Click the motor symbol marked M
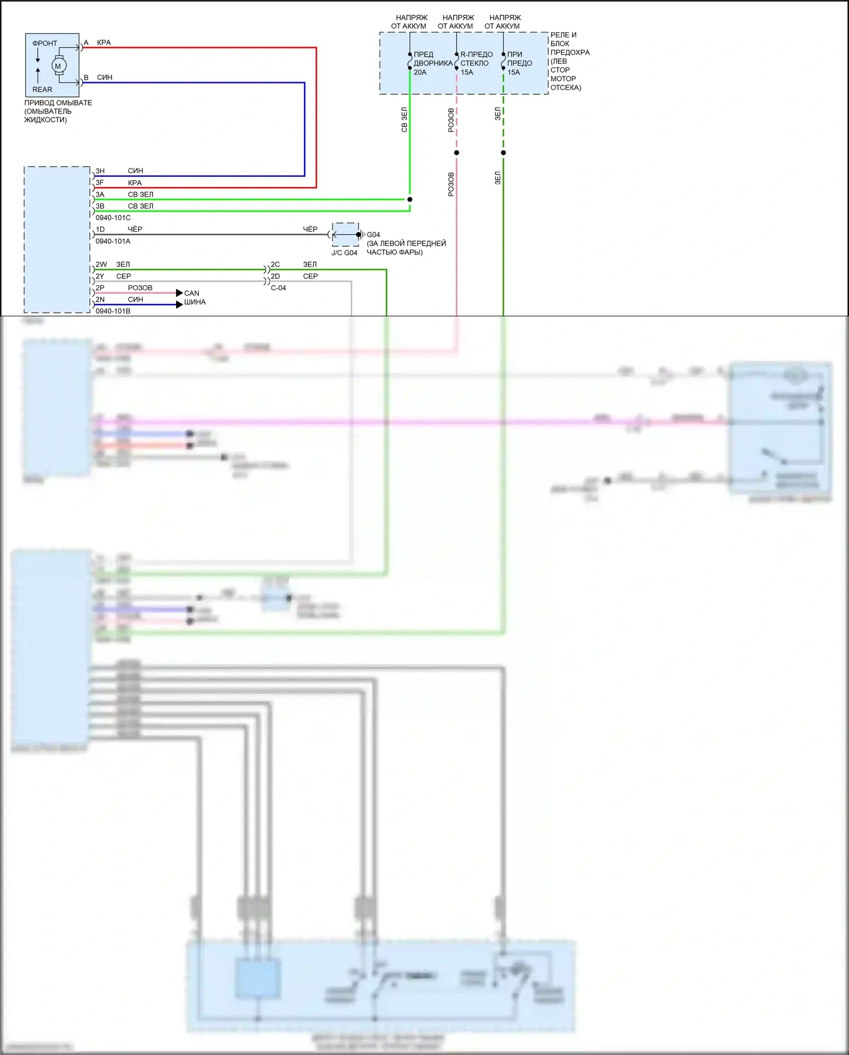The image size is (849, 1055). click(x=58, y=66)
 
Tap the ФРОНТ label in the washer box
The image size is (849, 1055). click(x=45, y=44)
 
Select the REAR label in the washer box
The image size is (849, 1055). click(x=42, y=90)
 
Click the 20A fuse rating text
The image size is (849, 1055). click(x=420, y=73)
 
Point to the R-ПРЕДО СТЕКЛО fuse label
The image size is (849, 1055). click(x=476, y=59)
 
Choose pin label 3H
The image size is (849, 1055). click(x=100, y=171)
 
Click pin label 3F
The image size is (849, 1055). click(x=100, y=183)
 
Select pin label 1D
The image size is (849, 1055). click(x=100, y=230)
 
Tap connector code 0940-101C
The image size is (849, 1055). click(x=113, y=218)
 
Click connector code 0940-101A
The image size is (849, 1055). click(x=113, y=241)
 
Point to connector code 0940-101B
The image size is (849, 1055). click(x=113, y=311)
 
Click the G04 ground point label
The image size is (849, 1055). click(x=373, y=235)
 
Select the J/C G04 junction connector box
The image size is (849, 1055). click(x=345, y=234)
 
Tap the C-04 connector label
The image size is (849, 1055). click(x=278, y=288)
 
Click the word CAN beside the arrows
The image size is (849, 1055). click(x=191, y=293)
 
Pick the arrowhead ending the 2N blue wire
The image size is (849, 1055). click(x=180, y=304)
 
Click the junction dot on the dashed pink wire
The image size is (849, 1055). click(x=457, y=152)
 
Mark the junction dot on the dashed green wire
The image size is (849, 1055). click(x=503, y=152)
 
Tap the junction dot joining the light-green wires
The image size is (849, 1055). click(x=409, y=200)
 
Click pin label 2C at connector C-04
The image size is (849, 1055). click(x=275, y=265)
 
